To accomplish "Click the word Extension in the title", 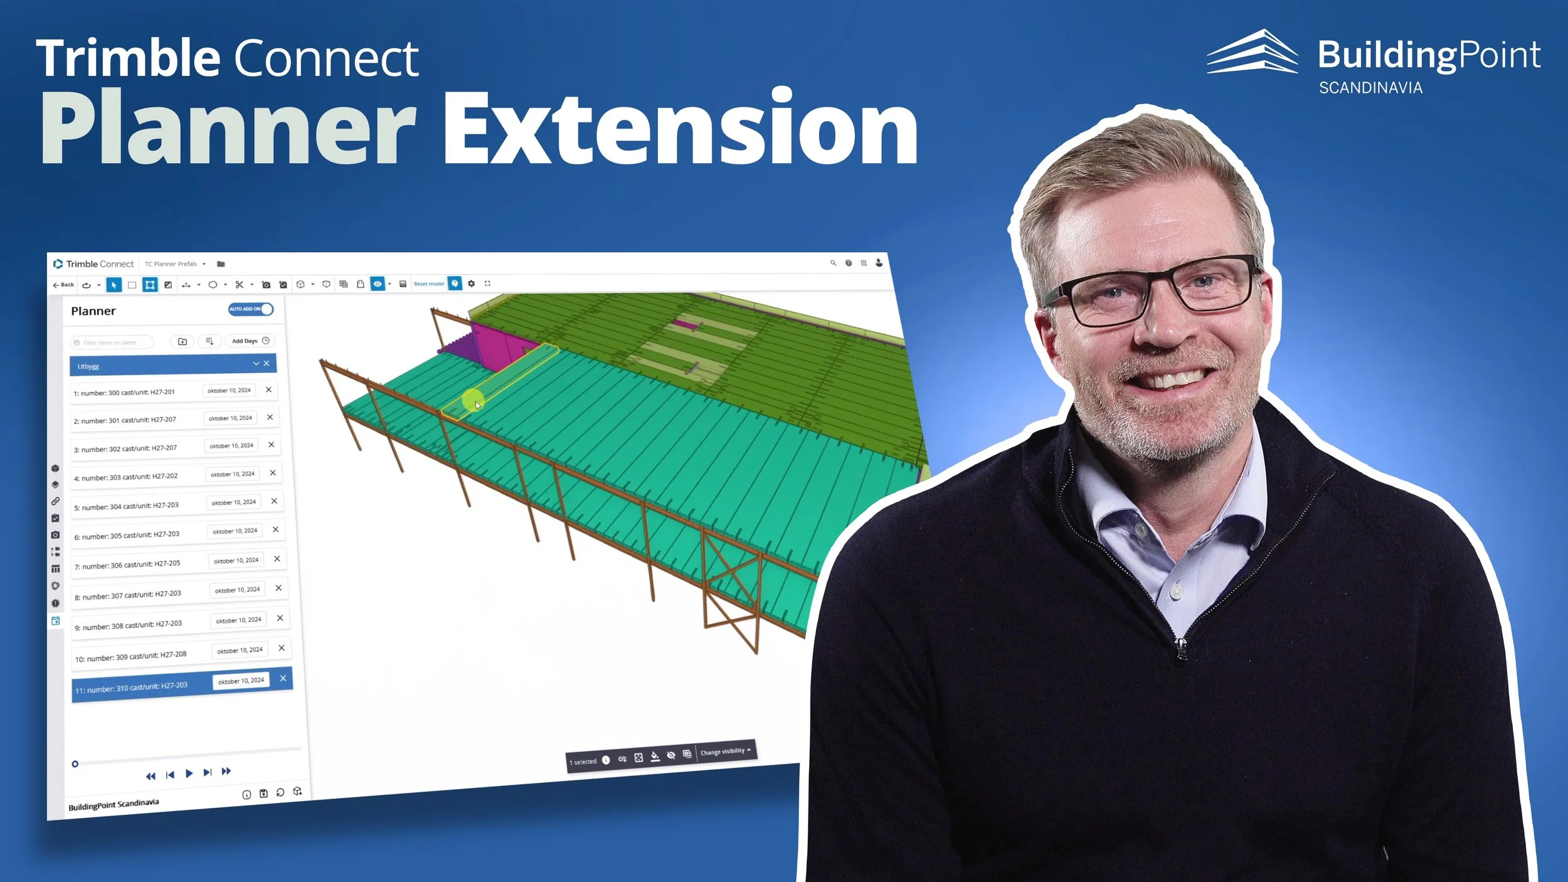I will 681,129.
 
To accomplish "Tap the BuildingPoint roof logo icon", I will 1251,53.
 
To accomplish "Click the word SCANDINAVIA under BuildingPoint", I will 1370,88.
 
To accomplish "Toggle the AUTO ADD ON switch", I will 251,309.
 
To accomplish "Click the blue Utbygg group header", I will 163,365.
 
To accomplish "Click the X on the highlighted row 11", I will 283,678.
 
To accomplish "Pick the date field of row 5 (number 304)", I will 233,502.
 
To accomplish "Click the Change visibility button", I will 724,751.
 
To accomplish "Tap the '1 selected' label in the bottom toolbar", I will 583,762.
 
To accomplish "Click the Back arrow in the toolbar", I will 63,285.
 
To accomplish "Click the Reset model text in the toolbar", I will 428,284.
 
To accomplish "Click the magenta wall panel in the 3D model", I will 499,345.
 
